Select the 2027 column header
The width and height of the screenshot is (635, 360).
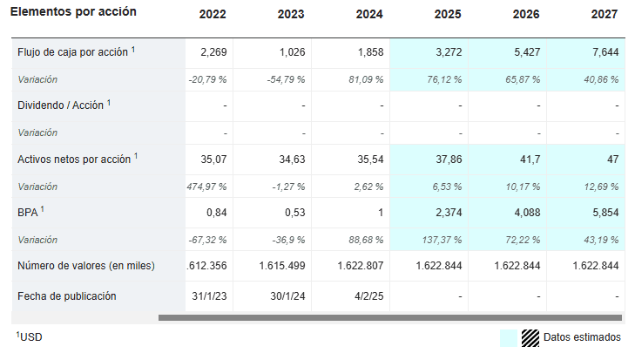point(605,14)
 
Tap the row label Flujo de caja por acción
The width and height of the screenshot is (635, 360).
point(73,52)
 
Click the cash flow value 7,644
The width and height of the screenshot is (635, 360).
point(605,52)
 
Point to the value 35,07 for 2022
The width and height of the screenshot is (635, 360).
point(213,160)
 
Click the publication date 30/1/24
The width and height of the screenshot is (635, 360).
point(286,295)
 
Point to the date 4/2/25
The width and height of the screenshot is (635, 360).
point(369,295)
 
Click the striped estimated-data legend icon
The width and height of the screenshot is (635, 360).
point(530,337)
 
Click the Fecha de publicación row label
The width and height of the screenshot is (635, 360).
point(66,295)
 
